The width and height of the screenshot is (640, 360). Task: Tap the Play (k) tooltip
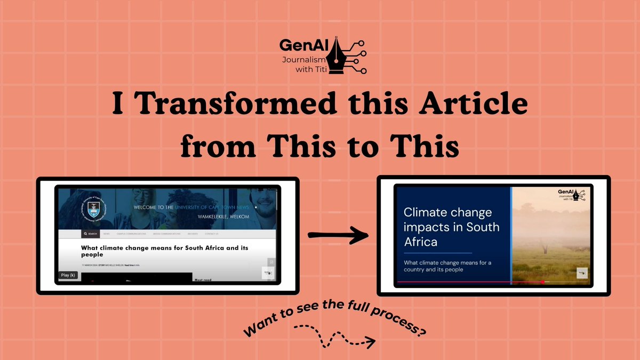[68, 275]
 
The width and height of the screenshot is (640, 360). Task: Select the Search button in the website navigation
[90, 234]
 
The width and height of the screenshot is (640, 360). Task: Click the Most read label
[203, 279]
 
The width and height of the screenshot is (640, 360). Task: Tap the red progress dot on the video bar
[542, 282]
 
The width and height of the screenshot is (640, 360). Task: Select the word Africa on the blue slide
[420, 242]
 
